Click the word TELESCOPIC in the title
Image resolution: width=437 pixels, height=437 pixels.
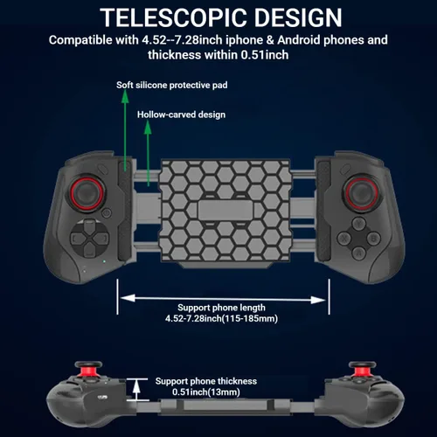click(x=174, y=17)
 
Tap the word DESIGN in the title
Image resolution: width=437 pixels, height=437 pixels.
click(x=298, y=17)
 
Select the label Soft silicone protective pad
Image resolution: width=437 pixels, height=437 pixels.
click(x=172, y=85)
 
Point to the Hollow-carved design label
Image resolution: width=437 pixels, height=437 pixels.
click(x=181, y=114)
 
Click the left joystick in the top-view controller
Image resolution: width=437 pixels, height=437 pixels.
click(x=86, y=193)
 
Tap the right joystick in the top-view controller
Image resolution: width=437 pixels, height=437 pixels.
click(x=361, y=192)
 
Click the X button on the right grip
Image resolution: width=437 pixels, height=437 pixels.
click(x=344, y=239)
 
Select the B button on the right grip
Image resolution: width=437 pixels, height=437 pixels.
click(x=374, y=238)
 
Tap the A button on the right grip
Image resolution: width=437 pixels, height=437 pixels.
click(x=359, y=253)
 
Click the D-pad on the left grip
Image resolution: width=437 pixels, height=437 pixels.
click(x=89, y=239)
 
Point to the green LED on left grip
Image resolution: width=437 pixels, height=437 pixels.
click(x=104, y=261)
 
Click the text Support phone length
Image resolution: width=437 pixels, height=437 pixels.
click(x=221, y=308)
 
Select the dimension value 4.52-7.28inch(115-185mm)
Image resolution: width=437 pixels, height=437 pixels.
click(x=221, y=318)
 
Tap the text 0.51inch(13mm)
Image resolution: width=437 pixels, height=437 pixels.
click(x=206, y=392)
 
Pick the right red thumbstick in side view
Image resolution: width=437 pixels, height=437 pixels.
click(x=362, y=369)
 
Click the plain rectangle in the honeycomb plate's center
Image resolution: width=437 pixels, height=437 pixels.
click(x=225, y=210)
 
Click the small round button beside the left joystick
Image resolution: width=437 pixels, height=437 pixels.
click(x=107, y=213)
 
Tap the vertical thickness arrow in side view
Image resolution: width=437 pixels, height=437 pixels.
click(x=136, y=390)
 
